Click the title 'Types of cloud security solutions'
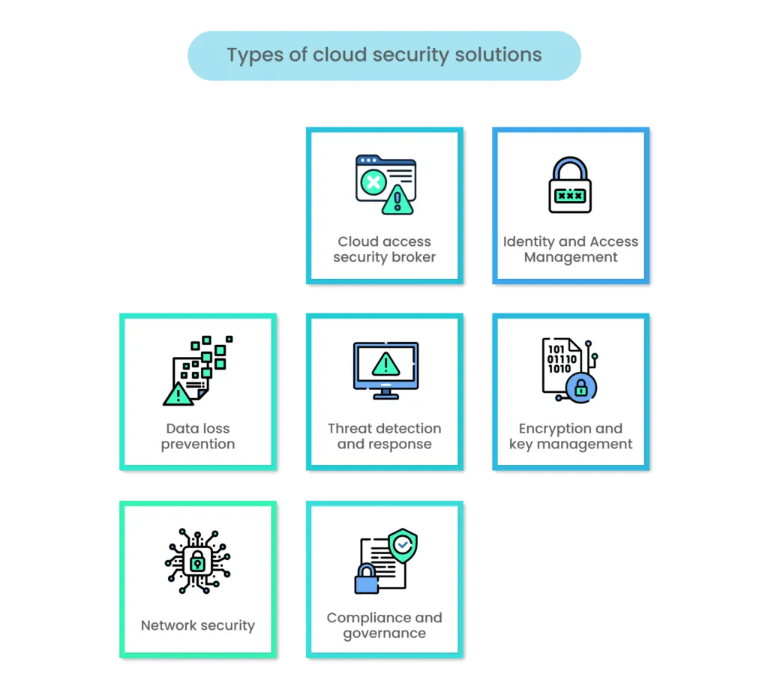(x=384, y=55)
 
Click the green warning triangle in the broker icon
(x=397, y=199)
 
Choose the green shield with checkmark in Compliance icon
(x=403, y=545)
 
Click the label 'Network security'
(x=198, y=625)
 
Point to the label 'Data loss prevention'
(x=198, y=436)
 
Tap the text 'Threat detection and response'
(x=385, y=436)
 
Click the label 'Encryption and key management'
(x=571, y=436)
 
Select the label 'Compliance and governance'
(x=385, y=625)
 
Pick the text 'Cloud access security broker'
(x=385, y=249)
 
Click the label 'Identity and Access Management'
(x=571, y=249)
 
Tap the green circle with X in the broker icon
(x=373, y=181)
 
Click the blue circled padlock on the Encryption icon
(x=580, y=387)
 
